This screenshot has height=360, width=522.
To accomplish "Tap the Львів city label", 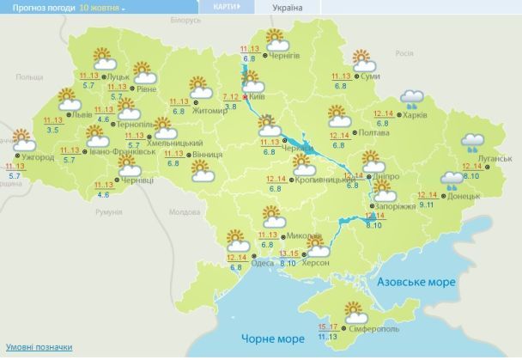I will (x=82, y=113).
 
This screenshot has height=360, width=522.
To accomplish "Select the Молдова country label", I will (x=184, y=212).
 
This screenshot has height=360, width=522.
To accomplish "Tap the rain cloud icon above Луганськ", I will (x=472, y=142).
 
